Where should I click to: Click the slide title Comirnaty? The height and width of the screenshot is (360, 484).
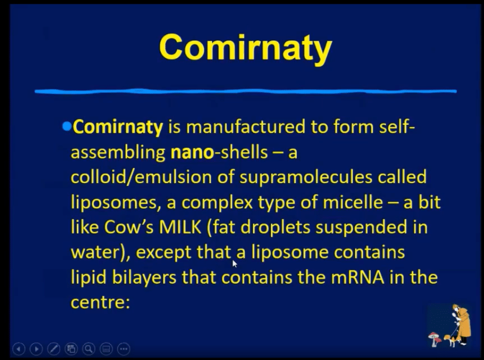245,47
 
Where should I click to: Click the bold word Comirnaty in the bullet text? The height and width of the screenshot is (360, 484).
118,127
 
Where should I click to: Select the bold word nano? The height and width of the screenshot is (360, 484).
192,152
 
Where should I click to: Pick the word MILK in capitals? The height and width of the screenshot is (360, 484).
180,227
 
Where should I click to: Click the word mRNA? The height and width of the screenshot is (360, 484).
358,277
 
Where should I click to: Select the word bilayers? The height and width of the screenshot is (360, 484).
144,277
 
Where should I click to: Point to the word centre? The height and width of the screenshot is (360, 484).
100,302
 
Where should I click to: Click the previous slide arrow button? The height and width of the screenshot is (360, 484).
19,349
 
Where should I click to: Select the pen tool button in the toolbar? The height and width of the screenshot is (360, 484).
54,349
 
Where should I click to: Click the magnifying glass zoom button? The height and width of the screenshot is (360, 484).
88,349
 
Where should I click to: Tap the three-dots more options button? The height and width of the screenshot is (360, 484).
124,349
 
